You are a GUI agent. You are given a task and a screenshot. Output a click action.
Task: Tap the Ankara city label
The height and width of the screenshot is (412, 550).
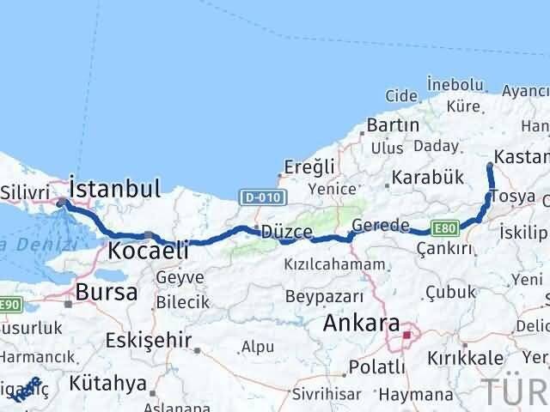pyautogui.click(x=361, y=325)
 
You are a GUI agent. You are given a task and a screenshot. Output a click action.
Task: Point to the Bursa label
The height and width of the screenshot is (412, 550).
pyautogui.click(x=106, y=292)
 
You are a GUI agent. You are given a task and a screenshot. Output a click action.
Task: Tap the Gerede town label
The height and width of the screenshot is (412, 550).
pyautogui.click(x=381, y=227)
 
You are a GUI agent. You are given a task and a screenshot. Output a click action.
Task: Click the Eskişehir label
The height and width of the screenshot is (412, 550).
pyautogui.click(x=148, y=340)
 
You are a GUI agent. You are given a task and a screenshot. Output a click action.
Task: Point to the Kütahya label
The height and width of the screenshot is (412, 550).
pyautogui.click(x=109, y=383)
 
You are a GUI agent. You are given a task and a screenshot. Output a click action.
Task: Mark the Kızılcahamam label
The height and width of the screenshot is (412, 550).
pyautogui.click(x=338, y=264)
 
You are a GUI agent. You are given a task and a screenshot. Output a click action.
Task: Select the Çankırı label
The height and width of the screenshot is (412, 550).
pyautogui.click(x=444, y=249)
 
